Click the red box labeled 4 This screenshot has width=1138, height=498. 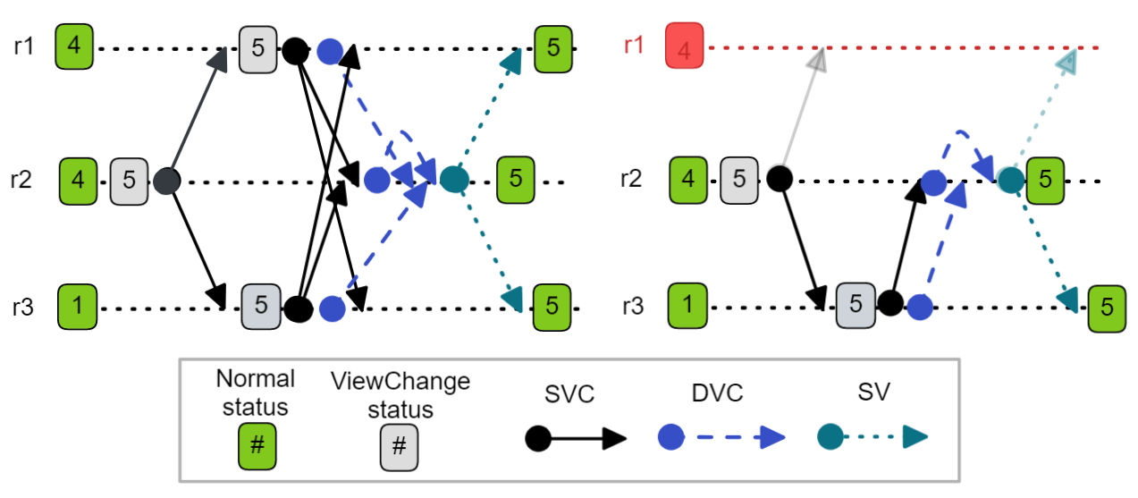click(685, 46)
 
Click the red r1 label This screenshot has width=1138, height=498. click(634, 45)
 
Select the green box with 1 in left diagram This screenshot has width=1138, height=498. click(78, 306)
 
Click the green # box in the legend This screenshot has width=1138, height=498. click(257, 446)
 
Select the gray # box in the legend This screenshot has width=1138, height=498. click(400, 446)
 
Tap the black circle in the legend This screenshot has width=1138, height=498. click(537, 438)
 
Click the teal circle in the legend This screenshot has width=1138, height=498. click(831, 437)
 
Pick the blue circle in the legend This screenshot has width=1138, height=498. click(671, 437)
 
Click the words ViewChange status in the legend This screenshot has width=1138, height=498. click(400, 395)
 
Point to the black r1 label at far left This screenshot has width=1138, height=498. click(24, 46)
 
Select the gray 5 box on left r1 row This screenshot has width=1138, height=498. click(258, 46)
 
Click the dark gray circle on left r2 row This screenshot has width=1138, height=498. click(166, 181)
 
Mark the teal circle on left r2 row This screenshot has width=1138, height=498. click(453, 180)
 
